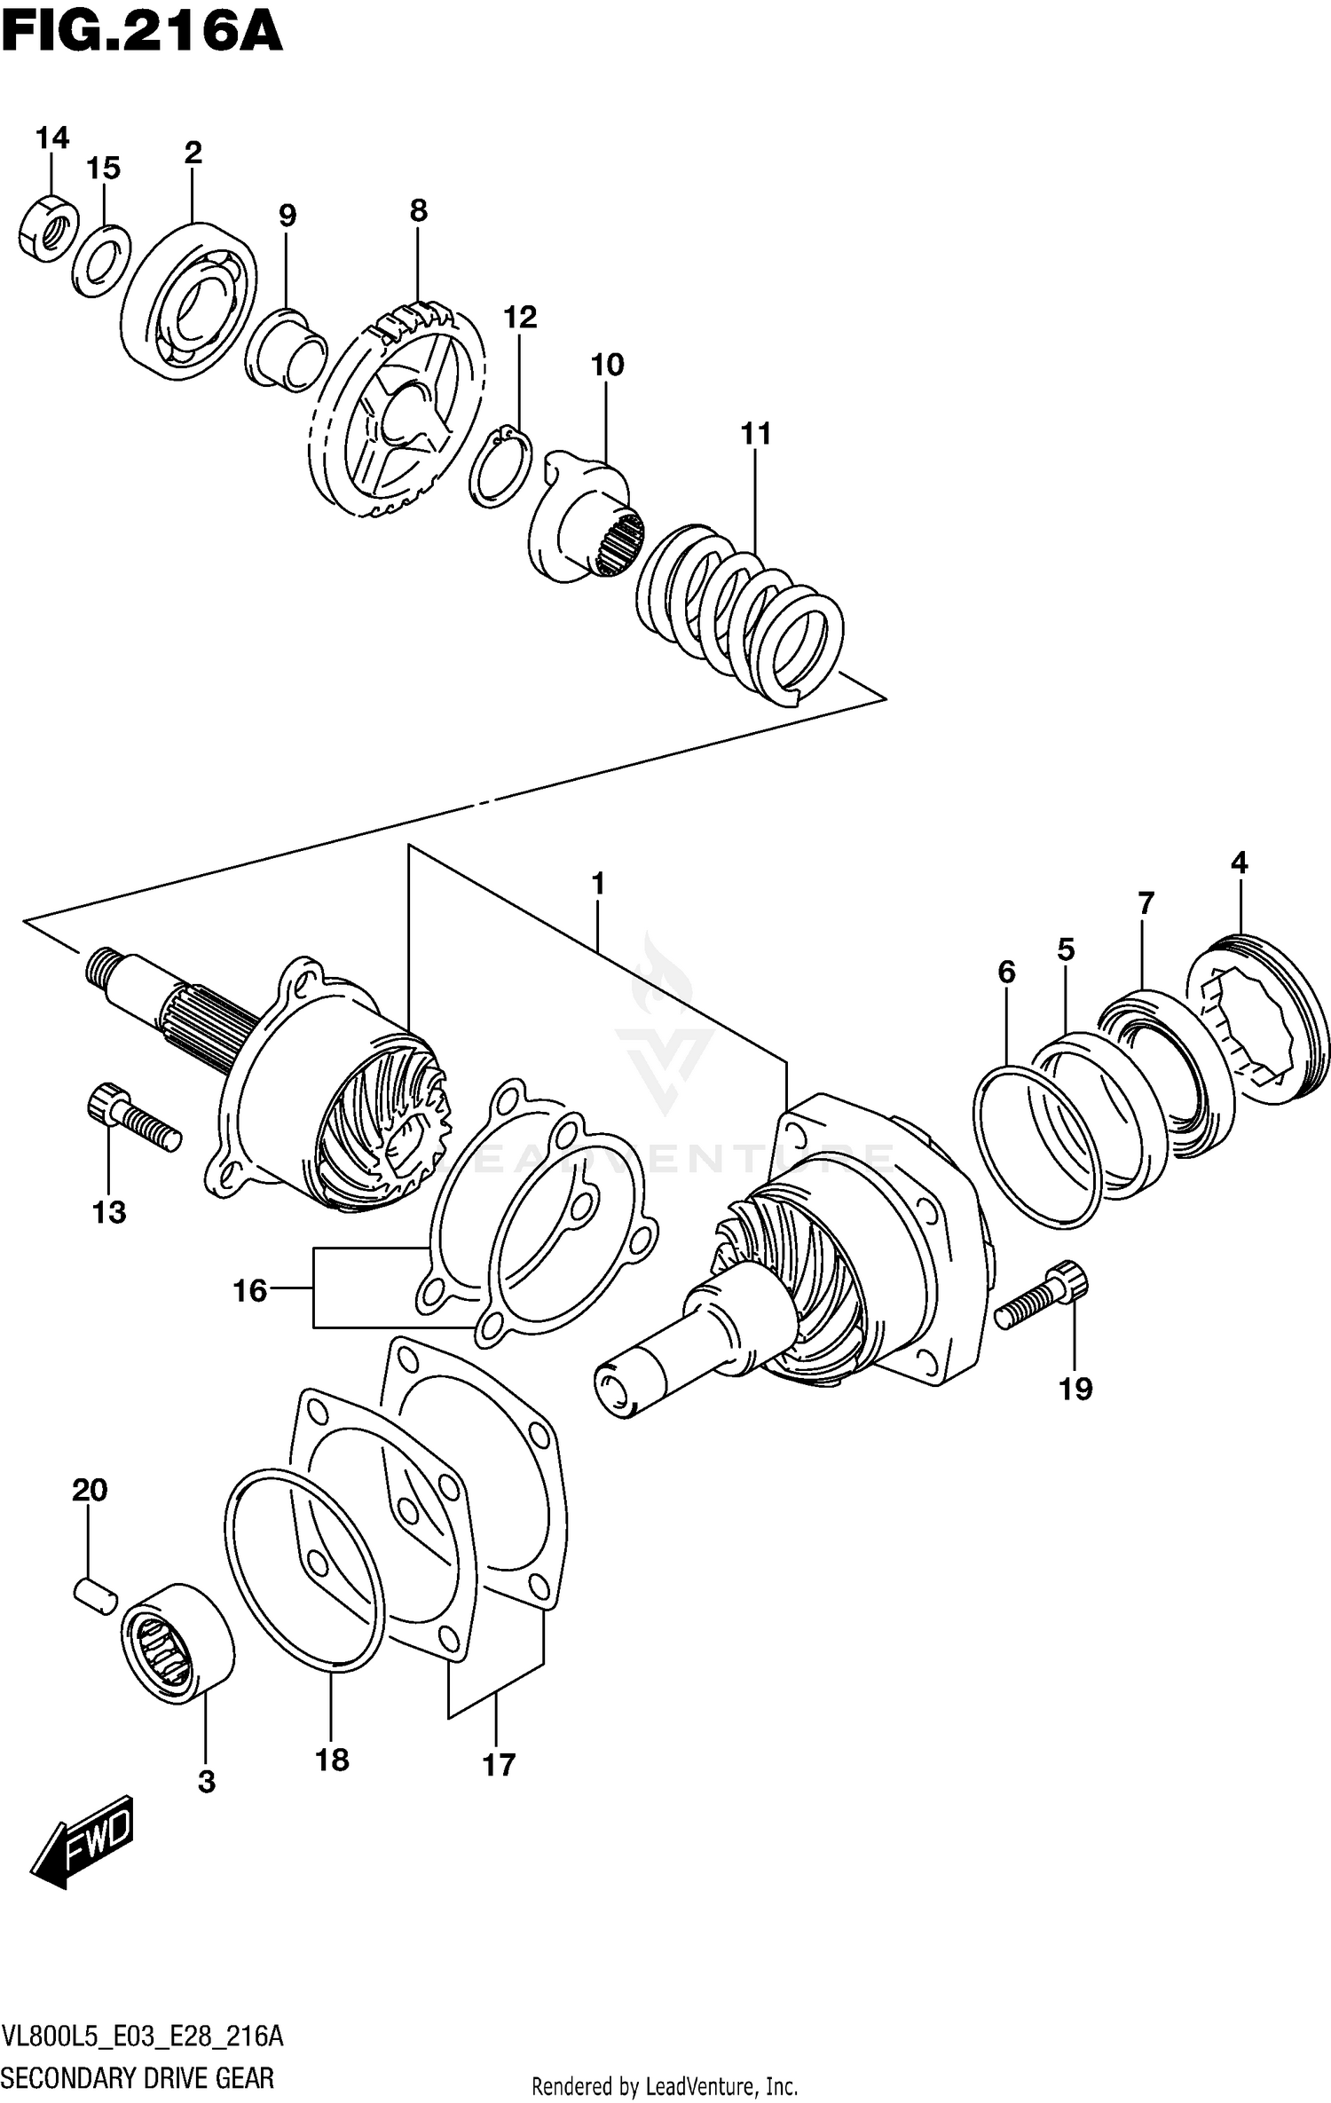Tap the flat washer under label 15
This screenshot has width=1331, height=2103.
(101, 262)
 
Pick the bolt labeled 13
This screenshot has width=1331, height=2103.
(133, 1117)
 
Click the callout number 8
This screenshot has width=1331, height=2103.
(419, 211)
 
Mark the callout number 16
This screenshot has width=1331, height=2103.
(250, 1290)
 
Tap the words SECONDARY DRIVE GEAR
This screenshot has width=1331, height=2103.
(138, 2077)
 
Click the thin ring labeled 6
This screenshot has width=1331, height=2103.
(1037, 1149)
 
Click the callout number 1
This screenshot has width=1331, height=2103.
(598, 884)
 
